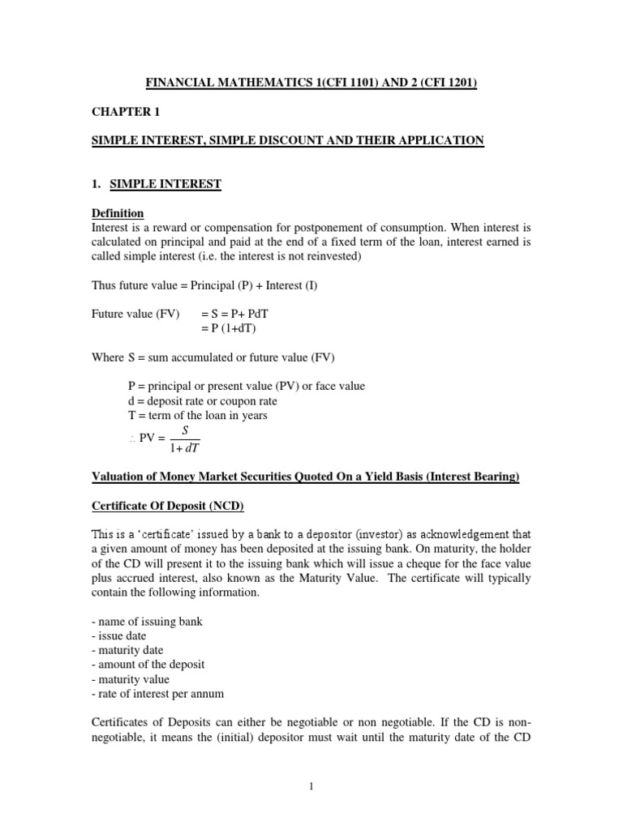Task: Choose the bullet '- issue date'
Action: click(118, 635)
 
